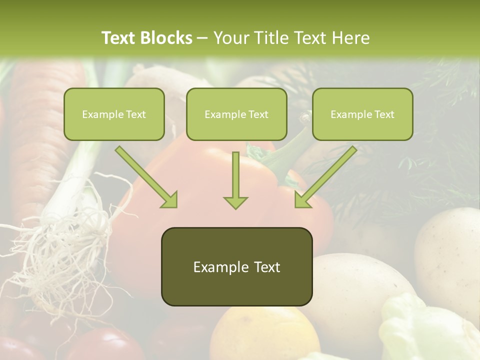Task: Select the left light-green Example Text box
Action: (x=114, y=114)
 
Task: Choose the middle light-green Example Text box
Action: (x=236, y=114)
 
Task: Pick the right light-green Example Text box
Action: (x=362, y=114)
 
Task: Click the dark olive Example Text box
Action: (x=236, y=267)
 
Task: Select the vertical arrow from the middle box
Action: (x=235, y=180)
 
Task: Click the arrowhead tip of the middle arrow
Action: (x=235, y=207)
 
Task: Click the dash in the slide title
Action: (x=202, y=38)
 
